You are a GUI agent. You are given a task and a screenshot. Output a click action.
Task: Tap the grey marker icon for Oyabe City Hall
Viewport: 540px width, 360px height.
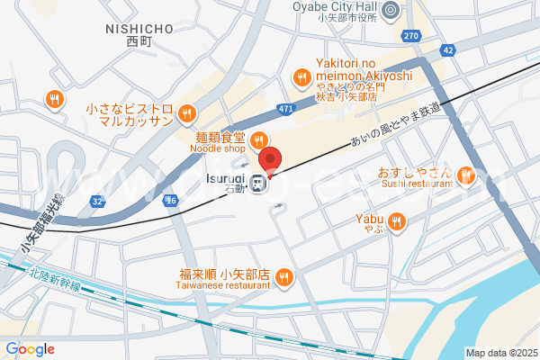(391, 12)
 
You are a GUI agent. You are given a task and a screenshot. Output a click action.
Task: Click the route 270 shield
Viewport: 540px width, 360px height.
(411, 36)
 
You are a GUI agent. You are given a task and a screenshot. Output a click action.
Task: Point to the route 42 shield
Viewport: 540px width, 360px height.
(447, 51)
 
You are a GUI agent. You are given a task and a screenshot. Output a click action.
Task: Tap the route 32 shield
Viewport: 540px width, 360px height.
(96, 202)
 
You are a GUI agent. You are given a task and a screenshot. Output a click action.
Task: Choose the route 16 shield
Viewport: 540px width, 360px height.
(170, 201)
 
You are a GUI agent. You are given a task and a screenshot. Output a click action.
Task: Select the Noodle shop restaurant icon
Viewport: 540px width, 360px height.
(257, 139)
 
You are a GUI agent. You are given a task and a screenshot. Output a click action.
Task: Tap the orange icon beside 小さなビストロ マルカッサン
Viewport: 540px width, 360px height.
(186, 113)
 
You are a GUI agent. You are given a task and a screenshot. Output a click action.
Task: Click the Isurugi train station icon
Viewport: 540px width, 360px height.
(257, 184)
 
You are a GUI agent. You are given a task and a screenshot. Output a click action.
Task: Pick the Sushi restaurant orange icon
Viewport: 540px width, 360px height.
(466, 174)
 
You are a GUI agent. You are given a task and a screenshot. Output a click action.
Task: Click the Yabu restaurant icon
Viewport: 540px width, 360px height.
(396, 219)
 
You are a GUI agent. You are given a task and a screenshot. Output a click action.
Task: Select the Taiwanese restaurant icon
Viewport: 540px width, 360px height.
(283, 276)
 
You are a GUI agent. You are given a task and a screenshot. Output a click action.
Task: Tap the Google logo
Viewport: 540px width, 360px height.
(30, 349)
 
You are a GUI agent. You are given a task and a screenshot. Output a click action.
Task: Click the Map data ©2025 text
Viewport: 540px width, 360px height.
(499, 353)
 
